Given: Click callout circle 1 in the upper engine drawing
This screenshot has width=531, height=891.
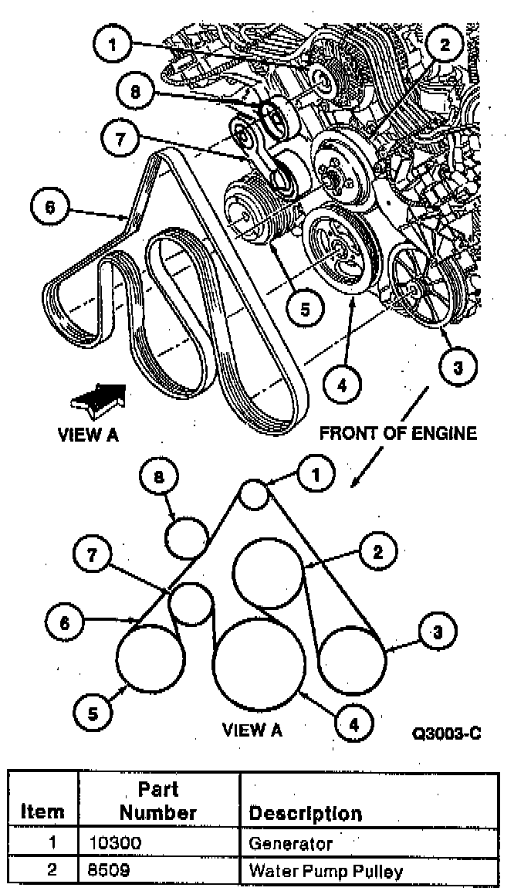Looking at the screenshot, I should [x=115, y=46].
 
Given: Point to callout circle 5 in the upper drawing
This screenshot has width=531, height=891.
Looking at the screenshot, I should [x=305, y=308].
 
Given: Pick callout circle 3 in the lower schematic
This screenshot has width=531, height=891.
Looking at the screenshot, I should [x=437, y=633].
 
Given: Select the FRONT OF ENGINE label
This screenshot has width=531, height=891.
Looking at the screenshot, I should [x=398, y=433].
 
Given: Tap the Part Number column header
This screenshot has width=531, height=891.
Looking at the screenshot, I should [x=158, y=801].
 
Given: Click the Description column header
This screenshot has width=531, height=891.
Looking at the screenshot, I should [x=305, y=813].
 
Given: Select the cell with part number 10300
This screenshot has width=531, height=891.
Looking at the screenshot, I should [x=158, y=844].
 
